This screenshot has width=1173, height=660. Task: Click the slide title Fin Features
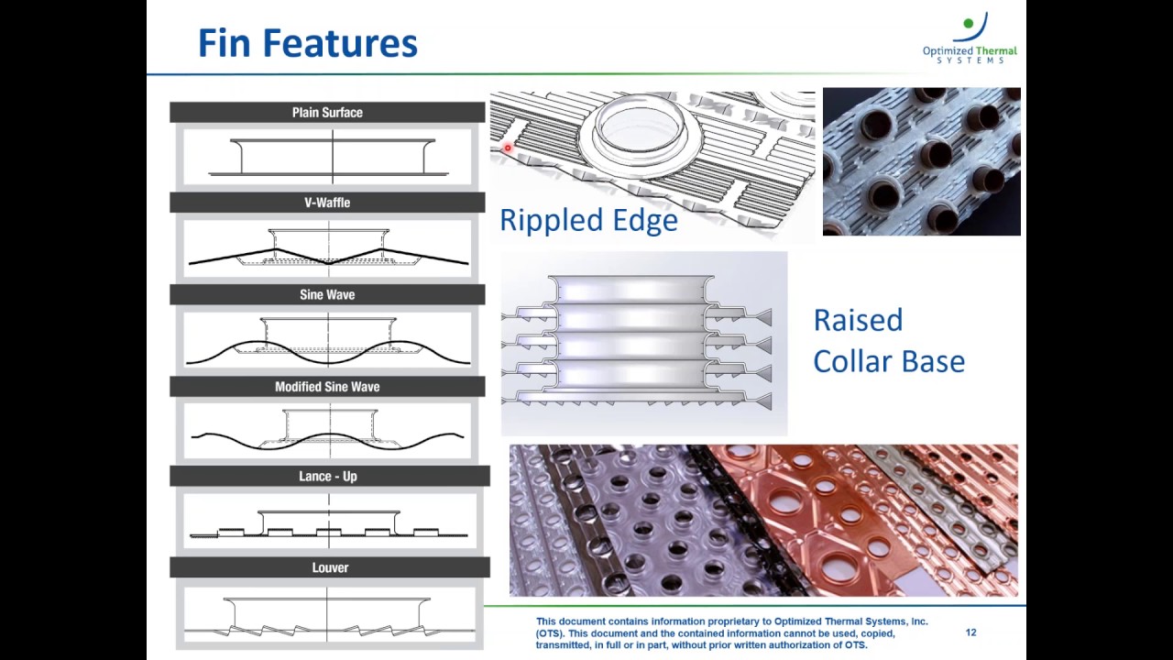(x=308, y=43)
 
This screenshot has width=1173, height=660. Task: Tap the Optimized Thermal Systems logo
(x=970, y=38)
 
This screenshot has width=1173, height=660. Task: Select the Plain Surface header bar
(x=327, y=113)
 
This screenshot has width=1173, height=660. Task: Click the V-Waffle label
(x=327, y=203)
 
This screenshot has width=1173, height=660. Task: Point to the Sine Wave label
(x=327, y=294)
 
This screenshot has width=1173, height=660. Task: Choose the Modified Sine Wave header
(x=327, y=387)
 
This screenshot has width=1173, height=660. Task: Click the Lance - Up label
(x=328, y=477)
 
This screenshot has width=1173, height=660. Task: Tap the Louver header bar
(x=330, y=568)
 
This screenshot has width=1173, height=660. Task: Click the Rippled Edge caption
(x=588, y=220)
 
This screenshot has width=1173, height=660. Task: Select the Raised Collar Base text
(x=888, y=340)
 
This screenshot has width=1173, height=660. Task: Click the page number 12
(x=970, y=632)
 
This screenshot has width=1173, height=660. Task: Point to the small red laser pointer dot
(x=507, y=148)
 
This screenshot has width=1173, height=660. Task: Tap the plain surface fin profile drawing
(x=328, y=157)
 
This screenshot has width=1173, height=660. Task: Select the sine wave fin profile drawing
(x=328, y=340)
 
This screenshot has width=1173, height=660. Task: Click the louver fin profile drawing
(x=328, y=616)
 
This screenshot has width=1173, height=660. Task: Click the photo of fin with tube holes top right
(x=921, y=161)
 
